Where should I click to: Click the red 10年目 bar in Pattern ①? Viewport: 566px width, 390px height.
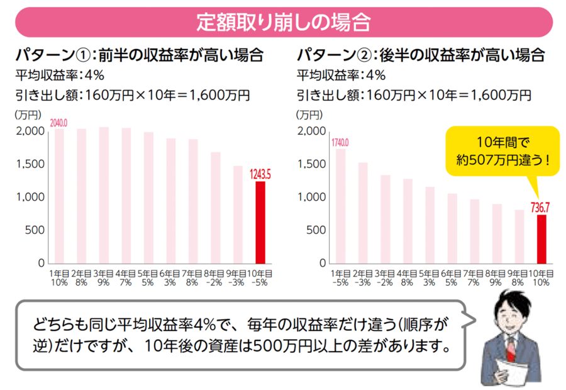pos(260,222)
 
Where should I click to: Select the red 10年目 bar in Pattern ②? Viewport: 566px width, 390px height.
pos(541,238)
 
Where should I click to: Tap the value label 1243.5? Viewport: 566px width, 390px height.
pos(260,174)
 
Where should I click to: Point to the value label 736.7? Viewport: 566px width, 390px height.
pos(541,206)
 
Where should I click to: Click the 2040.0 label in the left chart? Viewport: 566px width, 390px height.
pos(58,124)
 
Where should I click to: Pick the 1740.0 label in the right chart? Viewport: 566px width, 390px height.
pos(340,143)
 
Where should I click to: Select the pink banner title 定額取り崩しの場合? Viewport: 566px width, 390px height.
pos(282,23)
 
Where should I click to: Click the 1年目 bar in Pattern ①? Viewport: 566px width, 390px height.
pos(59,196)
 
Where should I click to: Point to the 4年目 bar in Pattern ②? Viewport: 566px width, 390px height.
pos(408,220)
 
